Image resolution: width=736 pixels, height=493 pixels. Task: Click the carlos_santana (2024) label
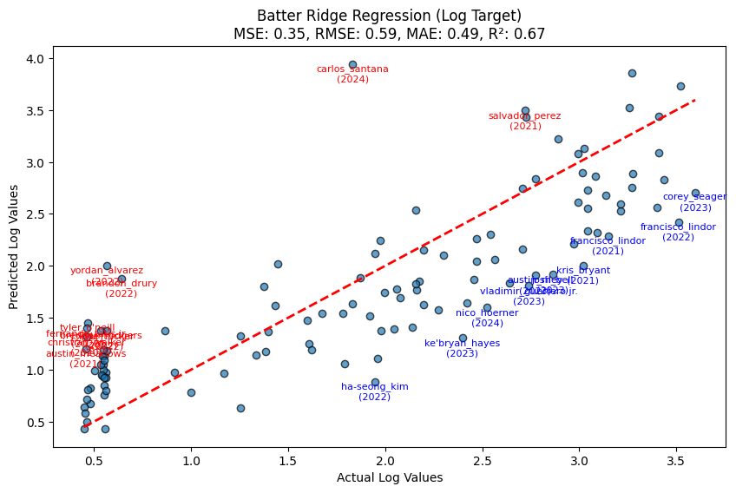[x=352, y=74]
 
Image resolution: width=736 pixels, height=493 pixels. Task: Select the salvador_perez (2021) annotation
[x=525, y=121]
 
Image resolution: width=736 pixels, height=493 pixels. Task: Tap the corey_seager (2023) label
[x=695, y=201]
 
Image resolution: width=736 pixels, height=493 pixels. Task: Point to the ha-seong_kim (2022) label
[x=375, y=391]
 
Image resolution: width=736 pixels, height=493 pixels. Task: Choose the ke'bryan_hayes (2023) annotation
[x=462, y=348]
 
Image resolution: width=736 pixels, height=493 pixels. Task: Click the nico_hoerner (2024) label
[x=487, y=318]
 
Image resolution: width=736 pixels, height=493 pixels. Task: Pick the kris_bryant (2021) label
[x=583, y=275]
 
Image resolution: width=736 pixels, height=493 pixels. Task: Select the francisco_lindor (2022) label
[x=678, y=232]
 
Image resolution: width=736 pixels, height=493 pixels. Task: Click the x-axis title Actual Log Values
[x=390, y=478]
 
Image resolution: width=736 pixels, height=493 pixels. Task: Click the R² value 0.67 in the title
[x=533, y=35]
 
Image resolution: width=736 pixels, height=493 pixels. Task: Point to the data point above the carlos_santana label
[x=352, y=64]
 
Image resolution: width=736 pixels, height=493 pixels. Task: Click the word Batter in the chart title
[x=278, y=16]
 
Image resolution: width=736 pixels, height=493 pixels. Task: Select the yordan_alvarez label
[x=107, y=271]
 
